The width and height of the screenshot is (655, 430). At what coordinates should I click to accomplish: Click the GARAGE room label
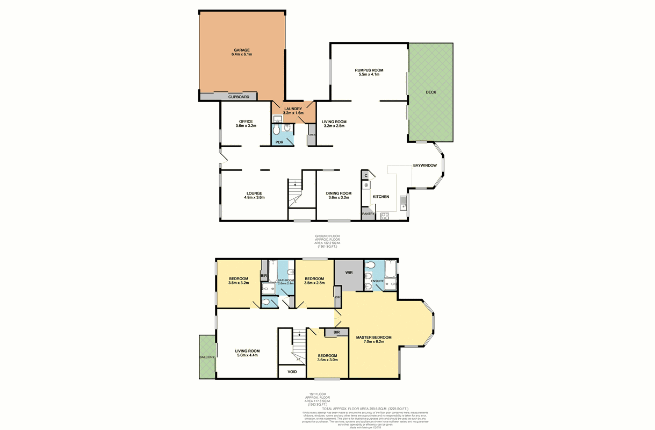241,50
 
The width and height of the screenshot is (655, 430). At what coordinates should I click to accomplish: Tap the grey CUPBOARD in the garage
239,97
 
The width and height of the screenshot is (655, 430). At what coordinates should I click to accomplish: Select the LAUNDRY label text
293,109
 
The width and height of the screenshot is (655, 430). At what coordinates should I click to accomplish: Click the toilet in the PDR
276,130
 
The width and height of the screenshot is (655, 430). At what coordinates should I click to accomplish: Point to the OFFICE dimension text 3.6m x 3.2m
246,126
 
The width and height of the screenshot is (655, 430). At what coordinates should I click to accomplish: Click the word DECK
431,92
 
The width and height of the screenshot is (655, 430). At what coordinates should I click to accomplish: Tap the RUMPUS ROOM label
369,70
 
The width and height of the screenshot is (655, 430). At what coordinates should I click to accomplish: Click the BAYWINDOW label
424,165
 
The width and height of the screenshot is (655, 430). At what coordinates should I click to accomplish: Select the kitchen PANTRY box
368,214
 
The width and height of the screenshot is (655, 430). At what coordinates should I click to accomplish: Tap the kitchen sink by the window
403,203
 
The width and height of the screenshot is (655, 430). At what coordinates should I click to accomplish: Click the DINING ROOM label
339,193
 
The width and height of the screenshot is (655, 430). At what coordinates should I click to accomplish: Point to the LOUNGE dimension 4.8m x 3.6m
254,198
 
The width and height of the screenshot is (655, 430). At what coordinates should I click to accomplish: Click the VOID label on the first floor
292,371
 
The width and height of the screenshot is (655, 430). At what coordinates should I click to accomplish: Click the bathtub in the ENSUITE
391,274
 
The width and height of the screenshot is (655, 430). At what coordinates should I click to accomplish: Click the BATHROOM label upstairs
286,280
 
